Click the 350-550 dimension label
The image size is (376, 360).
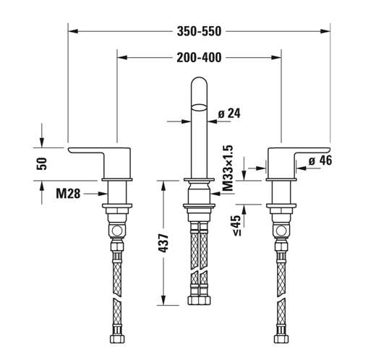(199, 31)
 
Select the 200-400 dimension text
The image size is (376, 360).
(199, 58)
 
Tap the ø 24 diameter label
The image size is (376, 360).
(229, 113)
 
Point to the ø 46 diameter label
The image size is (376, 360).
(320, 160)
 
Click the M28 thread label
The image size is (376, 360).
(68, 194)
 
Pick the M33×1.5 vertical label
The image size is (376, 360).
(228, 168)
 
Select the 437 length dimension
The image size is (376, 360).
(163, 244)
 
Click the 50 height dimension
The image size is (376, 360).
(42, 163)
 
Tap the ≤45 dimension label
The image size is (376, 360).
(236, 225)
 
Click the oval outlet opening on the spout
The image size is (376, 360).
(199, 108)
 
